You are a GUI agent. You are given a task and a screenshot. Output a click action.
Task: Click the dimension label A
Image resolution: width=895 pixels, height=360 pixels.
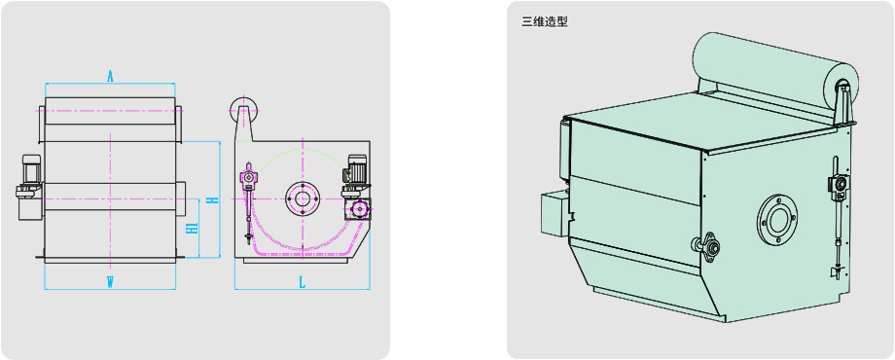click(110, 76)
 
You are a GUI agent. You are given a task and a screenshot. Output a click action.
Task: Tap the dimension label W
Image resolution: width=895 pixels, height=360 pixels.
click(110, 281)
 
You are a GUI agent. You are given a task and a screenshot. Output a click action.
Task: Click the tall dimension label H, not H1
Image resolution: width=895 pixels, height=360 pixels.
click(212, 199)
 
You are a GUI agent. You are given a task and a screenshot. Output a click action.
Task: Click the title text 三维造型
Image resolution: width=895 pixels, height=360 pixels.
click(545, 22)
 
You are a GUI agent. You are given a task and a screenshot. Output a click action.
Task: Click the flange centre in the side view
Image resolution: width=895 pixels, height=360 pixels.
click(301, 198)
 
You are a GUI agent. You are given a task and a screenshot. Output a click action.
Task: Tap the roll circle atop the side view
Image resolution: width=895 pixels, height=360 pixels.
click(244, 108)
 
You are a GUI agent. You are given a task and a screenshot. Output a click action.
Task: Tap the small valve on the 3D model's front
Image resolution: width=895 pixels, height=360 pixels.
click(707, 246)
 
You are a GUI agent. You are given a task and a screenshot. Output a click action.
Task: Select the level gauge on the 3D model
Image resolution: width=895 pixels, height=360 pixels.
click(837, 217)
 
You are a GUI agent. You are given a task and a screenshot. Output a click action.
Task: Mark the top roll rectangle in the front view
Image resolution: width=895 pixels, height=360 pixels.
click(110, 111)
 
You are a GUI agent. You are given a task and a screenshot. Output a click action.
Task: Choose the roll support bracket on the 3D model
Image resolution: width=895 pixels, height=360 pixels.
click(843, 105)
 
